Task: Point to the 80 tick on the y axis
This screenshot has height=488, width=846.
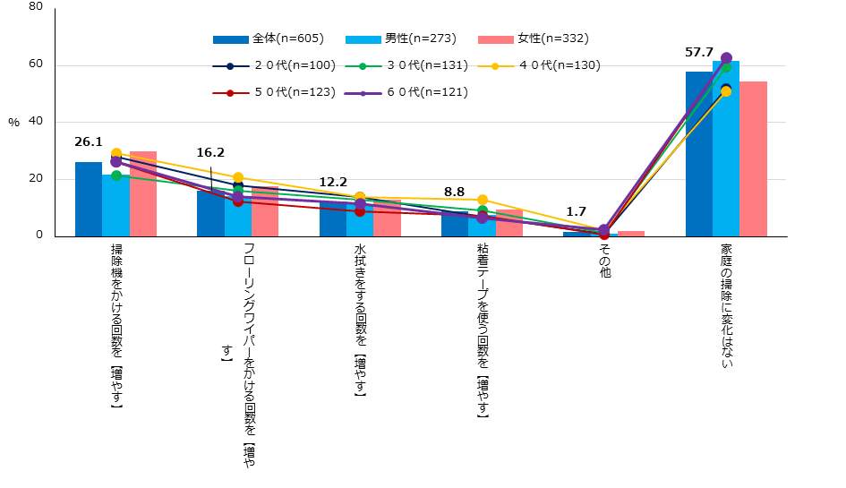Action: click(35, 7)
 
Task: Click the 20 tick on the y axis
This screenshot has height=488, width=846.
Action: click(35, 179)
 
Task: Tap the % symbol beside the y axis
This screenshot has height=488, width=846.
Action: click(13, 123)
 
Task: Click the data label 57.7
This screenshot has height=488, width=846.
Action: click(698, 53)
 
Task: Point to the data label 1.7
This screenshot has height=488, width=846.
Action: click(576, 213)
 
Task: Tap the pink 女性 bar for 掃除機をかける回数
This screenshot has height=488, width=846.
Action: click(143, 193)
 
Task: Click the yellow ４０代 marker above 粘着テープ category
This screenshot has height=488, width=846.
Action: click(483, 200)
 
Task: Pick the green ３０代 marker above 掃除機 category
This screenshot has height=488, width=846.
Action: click(115, 176)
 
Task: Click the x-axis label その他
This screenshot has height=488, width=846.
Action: click(604, 261)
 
